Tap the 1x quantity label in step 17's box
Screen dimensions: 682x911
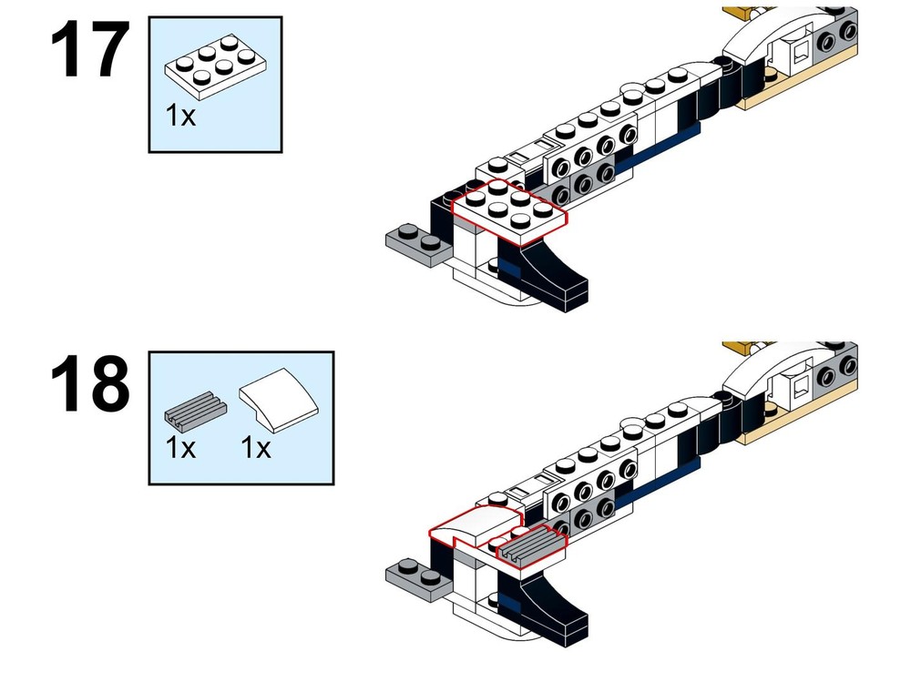point(180,117)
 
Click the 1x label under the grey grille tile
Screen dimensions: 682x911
point(180,449)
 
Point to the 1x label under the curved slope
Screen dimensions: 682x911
point(256,449)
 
